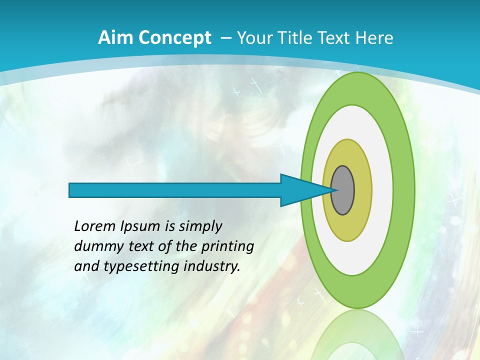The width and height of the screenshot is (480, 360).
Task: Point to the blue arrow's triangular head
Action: tap(300, 190)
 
